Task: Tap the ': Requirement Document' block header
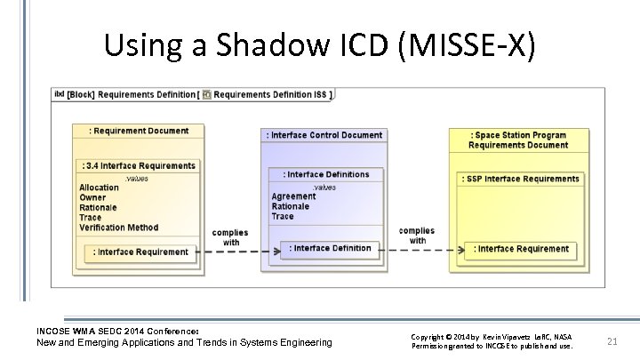tap(140, 131)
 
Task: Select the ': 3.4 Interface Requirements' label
tap(140, 165)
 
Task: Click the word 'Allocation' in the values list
tap(99, 188)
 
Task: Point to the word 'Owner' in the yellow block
tap(92, 197)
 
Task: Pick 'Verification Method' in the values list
tap(118, 228)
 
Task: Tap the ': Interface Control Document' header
tap(324, 135)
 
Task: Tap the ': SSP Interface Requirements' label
tap(520, 179)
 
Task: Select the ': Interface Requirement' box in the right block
tap(521, 249)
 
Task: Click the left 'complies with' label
tap(230, 237)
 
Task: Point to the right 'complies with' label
tap(418, 236)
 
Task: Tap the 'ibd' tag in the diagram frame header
tap(60, 94)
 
